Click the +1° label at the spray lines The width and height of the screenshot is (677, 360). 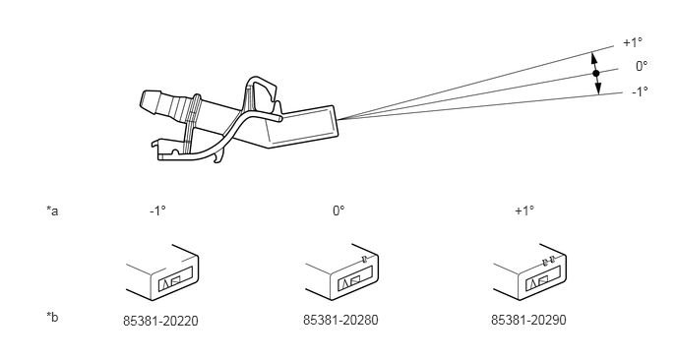click(x=633, y=42)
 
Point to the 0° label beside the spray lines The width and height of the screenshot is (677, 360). click(x=642, y=66)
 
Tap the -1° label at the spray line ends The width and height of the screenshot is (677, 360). click(x=640, y=91)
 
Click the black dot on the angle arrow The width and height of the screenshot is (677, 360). click(x=596, y=74)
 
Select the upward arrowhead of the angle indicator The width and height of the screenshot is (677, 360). click(x=593, y=57)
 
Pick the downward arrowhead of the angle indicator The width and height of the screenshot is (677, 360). click(x=598, y=89)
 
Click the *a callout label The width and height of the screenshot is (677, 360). click(x=52, y=211)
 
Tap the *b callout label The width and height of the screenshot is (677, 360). click(x=52, y=317)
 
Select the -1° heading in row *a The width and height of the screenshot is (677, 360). click(x=157, y=210)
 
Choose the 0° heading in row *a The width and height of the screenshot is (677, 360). click(x=338, y=210)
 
